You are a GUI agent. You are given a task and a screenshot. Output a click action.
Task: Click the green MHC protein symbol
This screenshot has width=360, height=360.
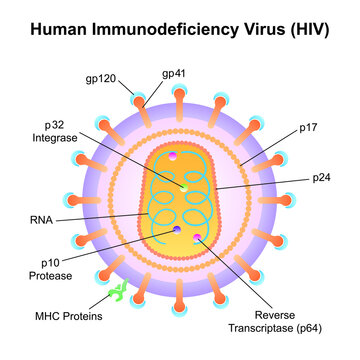pos(118,291)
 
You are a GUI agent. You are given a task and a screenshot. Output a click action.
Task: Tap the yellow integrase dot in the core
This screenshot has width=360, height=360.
pos(183,187)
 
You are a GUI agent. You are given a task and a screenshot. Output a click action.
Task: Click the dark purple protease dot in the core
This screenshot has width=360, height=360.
pos(176,230)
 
